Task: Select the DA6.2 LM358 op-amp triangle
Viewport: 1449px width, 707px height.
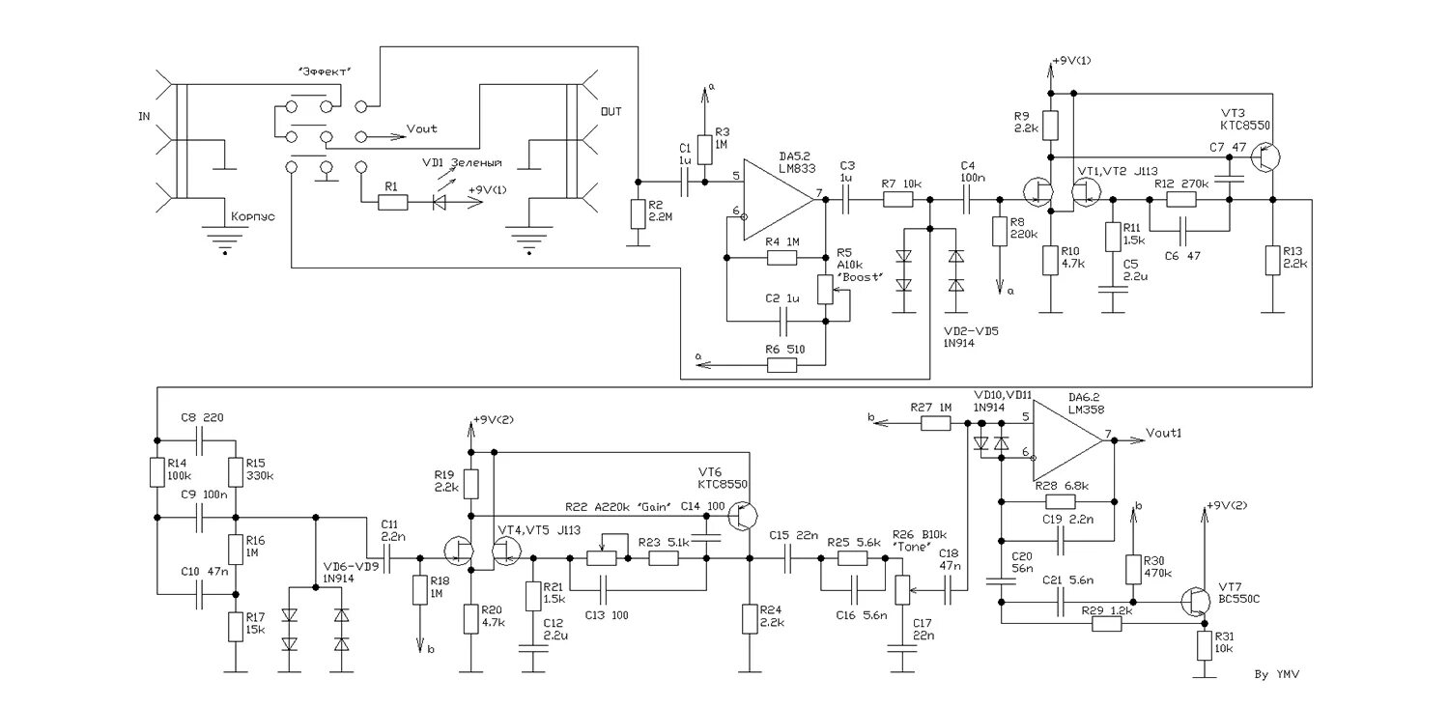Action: click(x=1066, y=440)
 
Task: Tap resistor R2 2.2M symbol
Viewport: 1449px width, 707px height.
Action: click(x=637, y=214)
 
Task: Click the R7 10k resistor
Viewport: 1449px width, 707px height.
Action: click(x=897, y=200)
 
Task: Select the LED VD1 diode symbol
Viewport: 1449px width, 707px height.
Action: click(x=440, y=203)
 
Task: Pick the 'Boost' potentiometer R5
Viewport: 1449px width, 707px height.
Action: click(x=825, y=289)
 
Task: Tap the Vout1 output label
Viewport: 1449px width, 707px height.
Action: click(x=1164, y=432)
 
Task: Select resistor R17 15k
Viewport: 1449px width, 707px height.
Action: click(x=234, y=627)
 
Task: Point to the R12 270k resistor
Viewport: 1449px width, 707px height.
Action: click(x=1180, y=200)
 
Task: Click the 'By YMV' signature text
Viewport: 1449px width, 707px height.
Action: click(x=1275, y=672)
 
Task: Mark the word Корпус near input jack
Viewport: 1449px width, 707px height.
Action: click(x=250, y=217)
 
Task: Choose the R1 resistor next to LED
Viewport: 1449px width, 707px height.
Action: click(x=393, y=203)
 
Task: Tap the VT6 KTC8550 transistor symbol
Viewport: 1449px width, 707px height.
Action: click(x=743, y=518)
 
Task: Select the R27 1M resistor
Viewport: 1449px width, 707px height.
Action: click(x=935, y=423)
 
